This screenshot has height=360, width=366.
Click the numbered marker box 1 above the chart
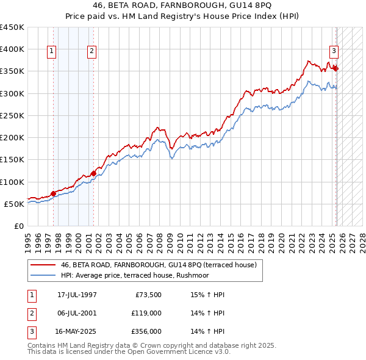pyautogui.click(x=52, y=52)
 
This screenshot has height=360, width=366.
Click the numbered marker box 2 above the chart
pyautogui.click(x=91, y=52)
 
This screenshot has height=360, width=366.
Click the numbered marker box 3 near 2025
pyautogui.click(x=334, y=51)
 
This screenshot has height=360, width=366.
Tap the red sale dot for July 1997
pyautogui.click(x=54, y=193)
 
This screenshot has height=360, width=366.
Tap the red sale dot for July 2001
pyautogui.click(x=93, y=173)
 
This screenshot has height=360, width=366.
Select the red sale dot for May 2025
pyautogui.click(x=335, y=68)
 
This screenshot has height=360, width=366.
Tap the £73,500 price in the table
pyautogui.click(x=146, y=295)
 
